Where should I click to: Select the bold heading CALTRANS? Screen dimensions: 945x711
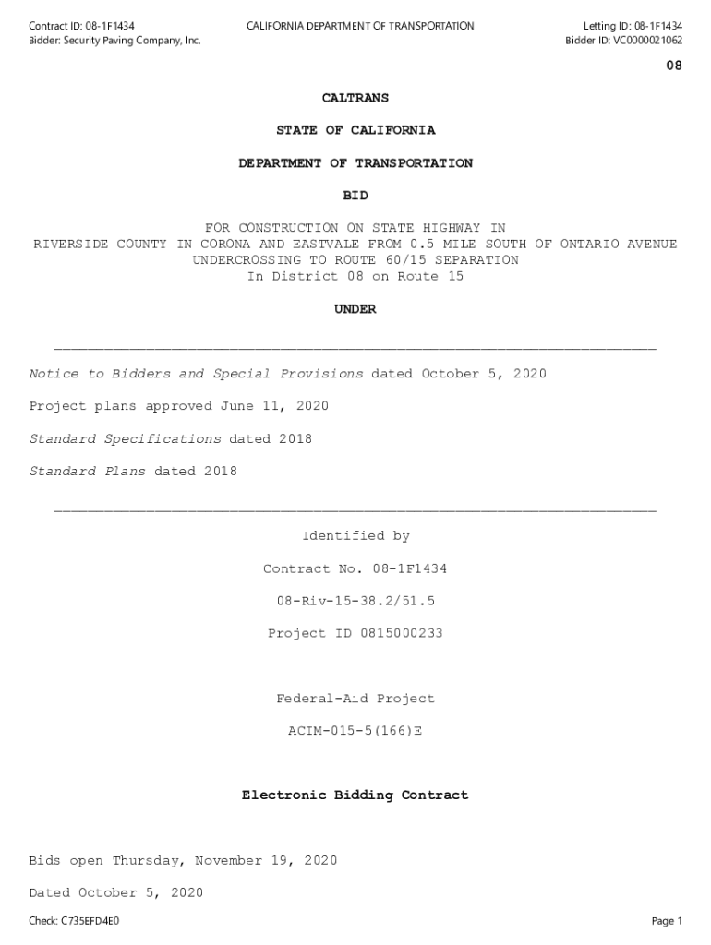(355, 98)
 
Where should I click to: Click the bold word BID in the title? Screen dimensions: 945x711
(355, 196)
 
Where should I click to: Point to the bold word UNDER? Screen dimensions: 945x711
(355, 310)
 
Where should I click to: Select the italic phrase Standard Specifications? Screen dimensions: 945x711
(125, 439)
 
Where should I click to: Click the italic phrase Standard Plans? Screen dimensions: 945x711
(87, 472)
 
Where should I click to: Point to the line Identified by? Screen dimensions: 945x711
(355, 536)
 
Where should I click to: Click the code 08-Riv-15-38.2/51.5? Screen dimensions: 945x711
(355, 601)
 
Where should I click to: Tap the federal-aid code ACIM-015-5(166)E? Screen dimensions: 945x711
(355, 731)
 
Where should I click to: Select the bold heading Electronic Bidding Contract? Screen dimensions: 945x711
(355, 795)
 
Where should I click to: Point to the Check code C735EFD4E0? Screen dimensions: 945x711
(90, 921)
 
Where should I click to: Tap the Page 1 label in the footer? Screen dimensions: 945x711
(667, 921)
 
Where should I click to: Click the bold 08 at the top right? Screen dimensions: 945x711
(674, 66)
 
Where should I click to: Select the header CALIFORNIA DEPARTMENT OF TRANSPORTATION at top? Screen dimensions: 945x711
(360, 26)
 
